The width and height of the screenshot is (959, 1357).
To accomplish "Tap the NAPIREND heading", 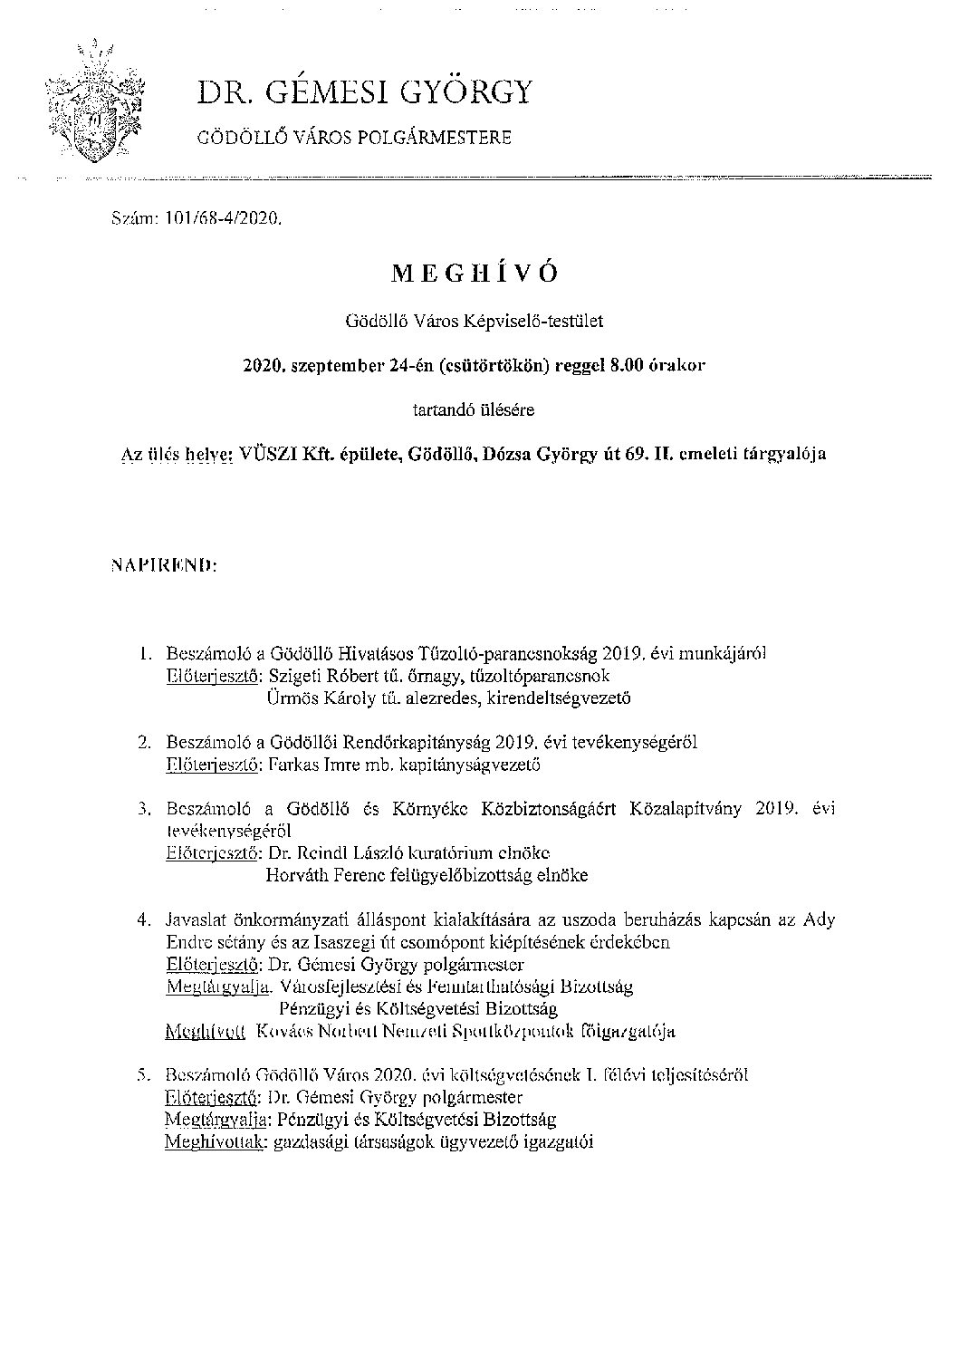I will [x=162, y=566].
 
